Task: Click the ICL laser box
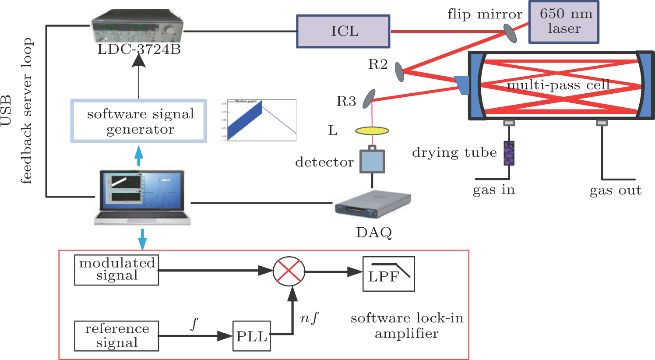343,32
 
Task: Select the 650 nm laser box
563,21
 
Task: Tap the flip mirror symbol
511,33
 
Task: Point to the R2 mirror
399,72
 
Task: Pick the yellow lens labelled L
372,131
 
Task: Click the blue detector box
372,161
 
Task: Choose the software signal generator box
139,121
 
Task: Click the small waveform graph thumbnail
260,120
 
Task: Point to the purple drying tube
509,153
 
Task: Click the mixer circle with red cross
289,271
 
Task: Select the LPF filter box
388,274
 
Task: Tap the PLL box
251,336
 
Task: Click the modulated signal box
116,270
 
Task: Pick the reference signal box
116,336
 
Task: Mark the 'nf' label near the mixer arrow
309,318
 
